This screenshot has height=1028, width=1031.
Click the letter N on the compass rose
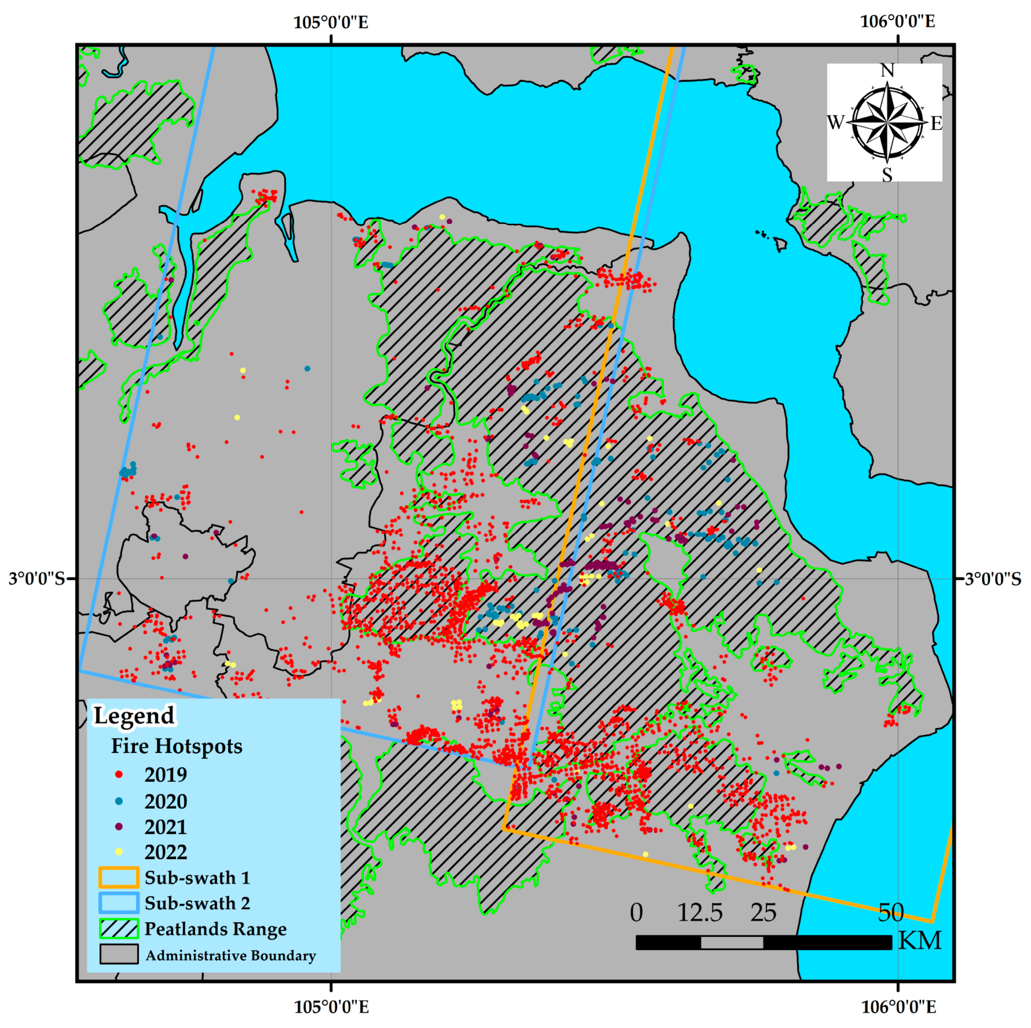pos(887,71)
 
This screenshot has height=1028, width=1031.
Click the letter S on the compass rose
pos(887,175)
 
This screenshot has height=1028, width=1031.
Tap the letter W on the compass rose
pos(836,123)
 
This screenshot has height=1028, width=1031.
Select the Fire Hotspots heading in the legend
pos(176,746)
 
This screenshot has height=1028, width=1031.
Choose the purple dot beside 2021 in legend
pos(119,826)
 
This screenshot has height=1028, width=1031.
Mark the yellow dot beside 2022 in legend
pos(119,852)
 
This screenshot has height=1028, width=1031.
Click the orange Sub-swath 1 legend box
pos(118,878)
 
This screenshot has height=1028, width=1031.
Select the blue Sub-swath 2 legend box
pos(118,903)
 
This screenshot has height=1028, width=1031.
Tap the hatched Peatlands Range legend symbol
pos(118,929)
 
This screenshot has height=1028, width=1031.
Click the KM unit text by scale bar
pos(920,941)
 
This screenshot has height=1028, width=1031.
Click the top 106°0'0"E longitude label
pos(898,22)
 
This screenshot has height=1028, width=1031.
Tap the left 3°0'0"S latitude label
pos(36,579)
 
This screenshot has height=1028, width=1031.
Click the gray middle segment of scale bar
pos(732,943)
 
